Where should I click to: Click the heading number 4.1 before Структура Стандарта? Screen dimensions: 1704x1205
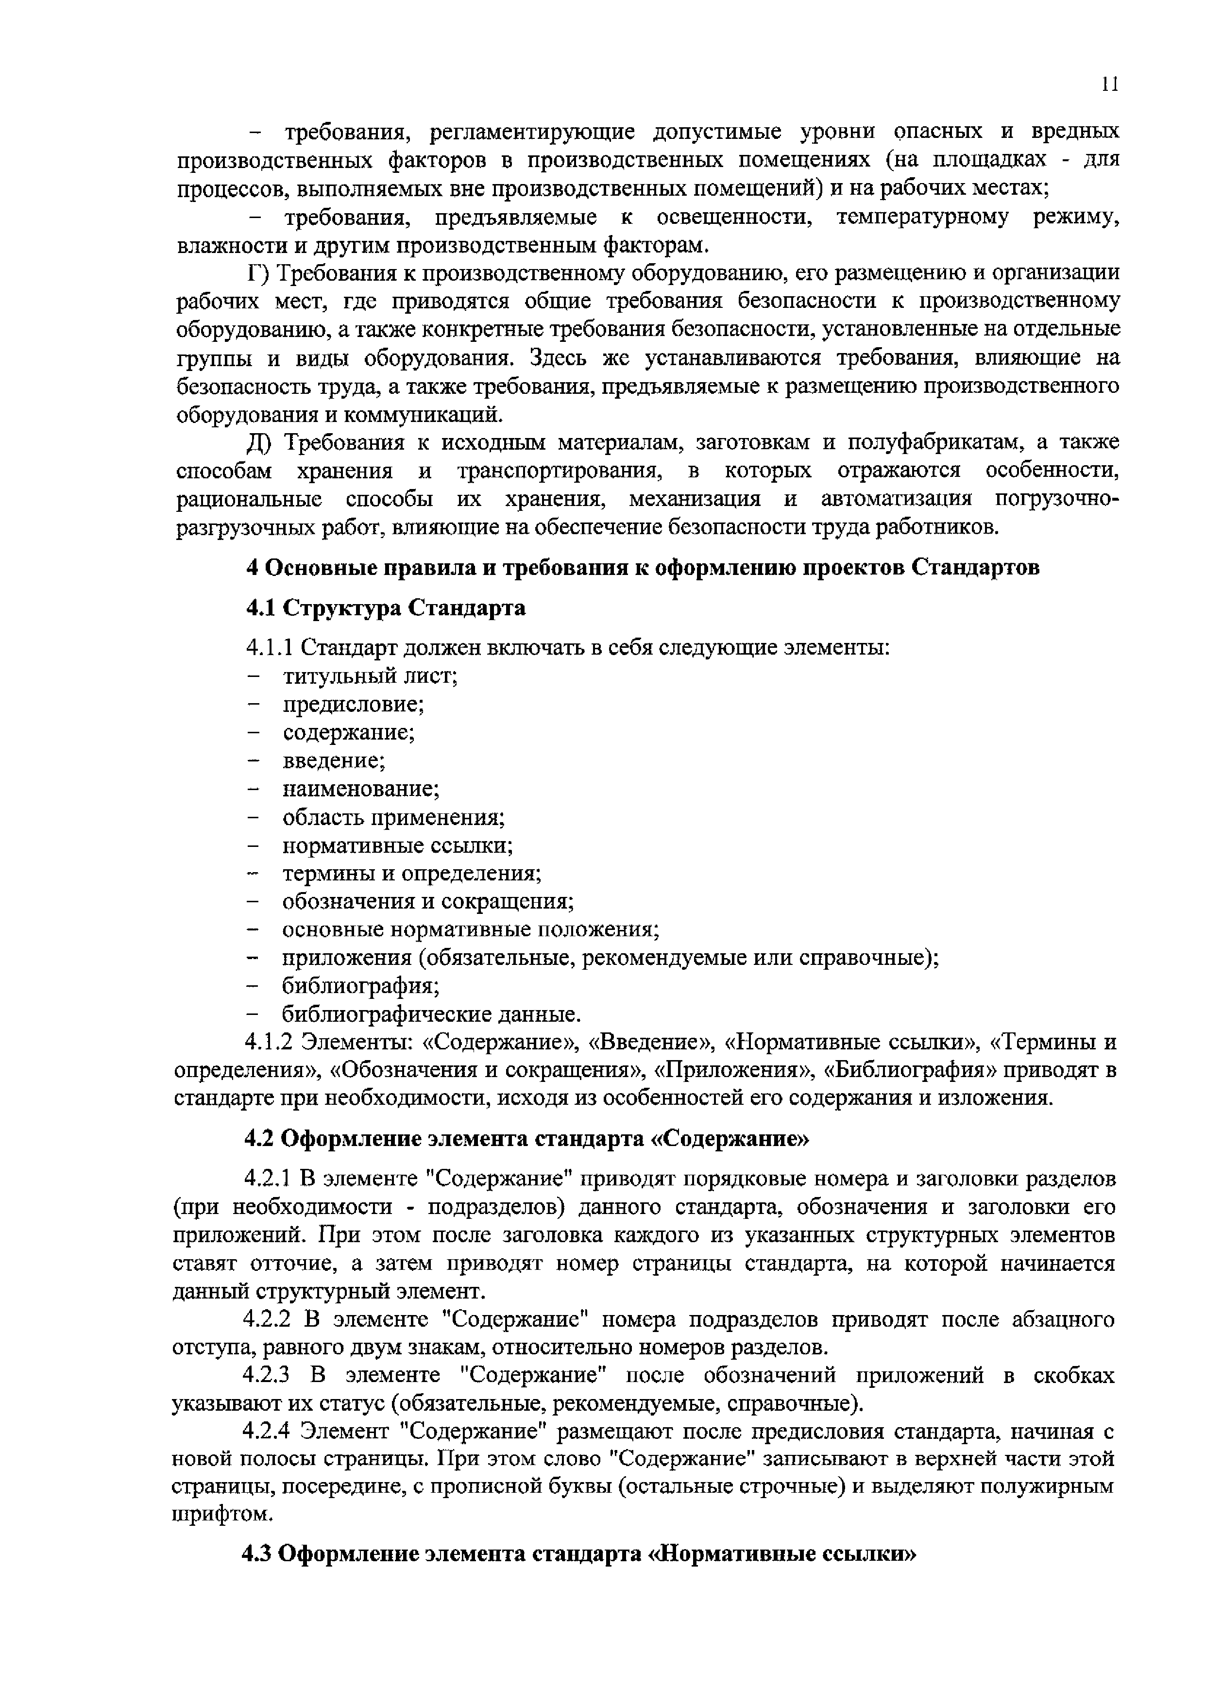261,608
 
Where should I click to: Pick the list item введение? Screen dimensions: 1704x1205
334,761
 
